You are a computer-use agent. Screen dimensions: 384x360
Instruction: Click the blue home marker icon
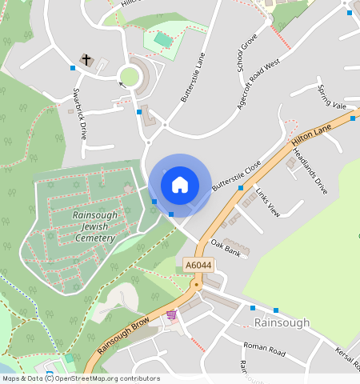coord(180,185)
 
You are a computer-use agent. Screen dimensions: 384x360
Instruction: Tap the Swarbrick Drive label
coord(80,114)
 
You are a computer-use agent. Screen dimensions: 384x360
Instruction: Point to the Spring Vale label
coord(331,97)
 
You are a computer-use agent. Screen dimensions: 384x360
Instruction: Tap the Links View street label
coord(267,202)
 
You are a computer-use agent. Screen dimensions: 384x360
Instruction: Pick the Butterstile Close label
coord(237,176)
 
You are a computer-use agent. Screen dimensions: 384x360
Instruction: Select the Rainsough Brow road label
coord(124,335)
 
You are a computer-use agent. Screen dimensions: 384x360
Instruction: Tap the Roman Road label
coord(264,350)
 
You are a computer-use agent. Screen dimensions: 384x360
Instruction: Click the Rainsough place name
coord(282,322)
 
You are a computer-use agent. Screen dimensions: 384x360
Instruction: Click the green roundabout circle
coord(128,77)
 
